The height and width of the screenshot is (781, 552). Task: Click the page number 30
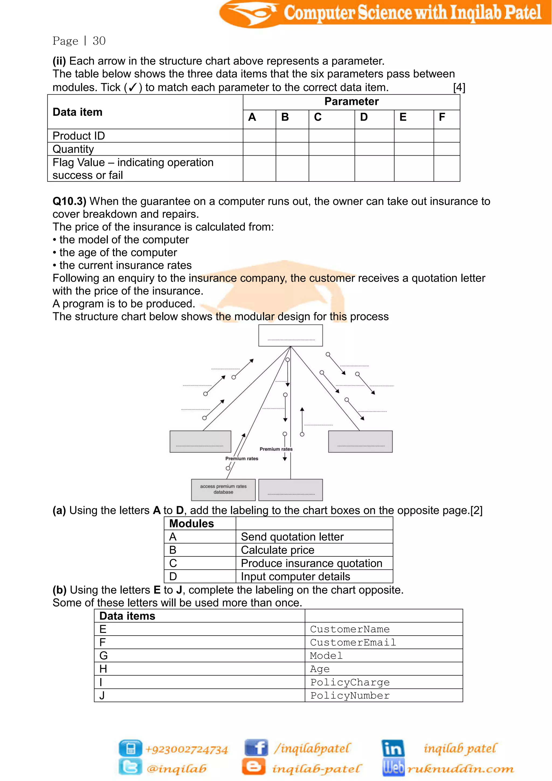99,41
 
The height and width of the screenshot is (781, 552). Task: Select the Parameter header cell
351,102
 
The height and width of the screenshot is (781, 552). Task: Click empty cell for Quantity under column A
259,149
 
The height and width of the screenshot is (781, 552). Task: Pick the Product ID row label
79,136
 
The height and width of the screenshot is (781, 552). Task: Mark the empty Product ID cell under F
446,136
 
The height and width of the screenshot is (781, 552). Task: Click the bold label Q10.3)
69,201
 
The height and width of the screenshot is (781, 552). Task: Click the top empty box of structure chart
290,335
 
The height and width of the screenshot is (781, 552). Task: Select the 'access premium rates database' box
223,489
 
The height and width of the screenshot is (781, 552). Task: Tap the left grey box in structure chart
200,441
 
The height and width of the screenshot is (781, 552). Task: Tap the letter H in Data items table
103,669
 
